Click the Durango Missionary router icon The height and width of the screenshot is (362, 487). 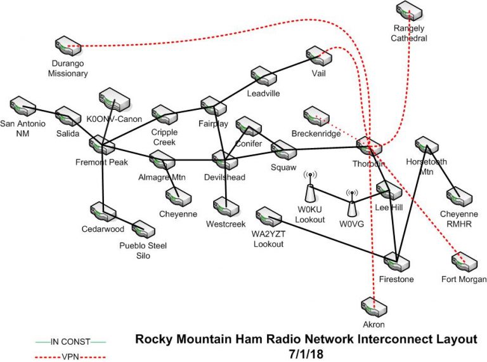pyautogui.click(x=69, y=46)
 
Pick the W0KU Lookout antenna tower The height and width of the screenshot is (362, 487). pyautogui.click(x=311, y=189)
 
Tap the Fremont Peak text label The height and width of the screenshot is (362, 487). pyautogui.click(x=101, y=162)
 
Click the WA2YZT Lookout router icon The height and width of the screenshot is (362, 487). pyautogui.click(x=268, y=217)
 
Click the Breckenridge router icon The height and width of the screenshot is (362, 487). pyautogui.click(x=317, y=116)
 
